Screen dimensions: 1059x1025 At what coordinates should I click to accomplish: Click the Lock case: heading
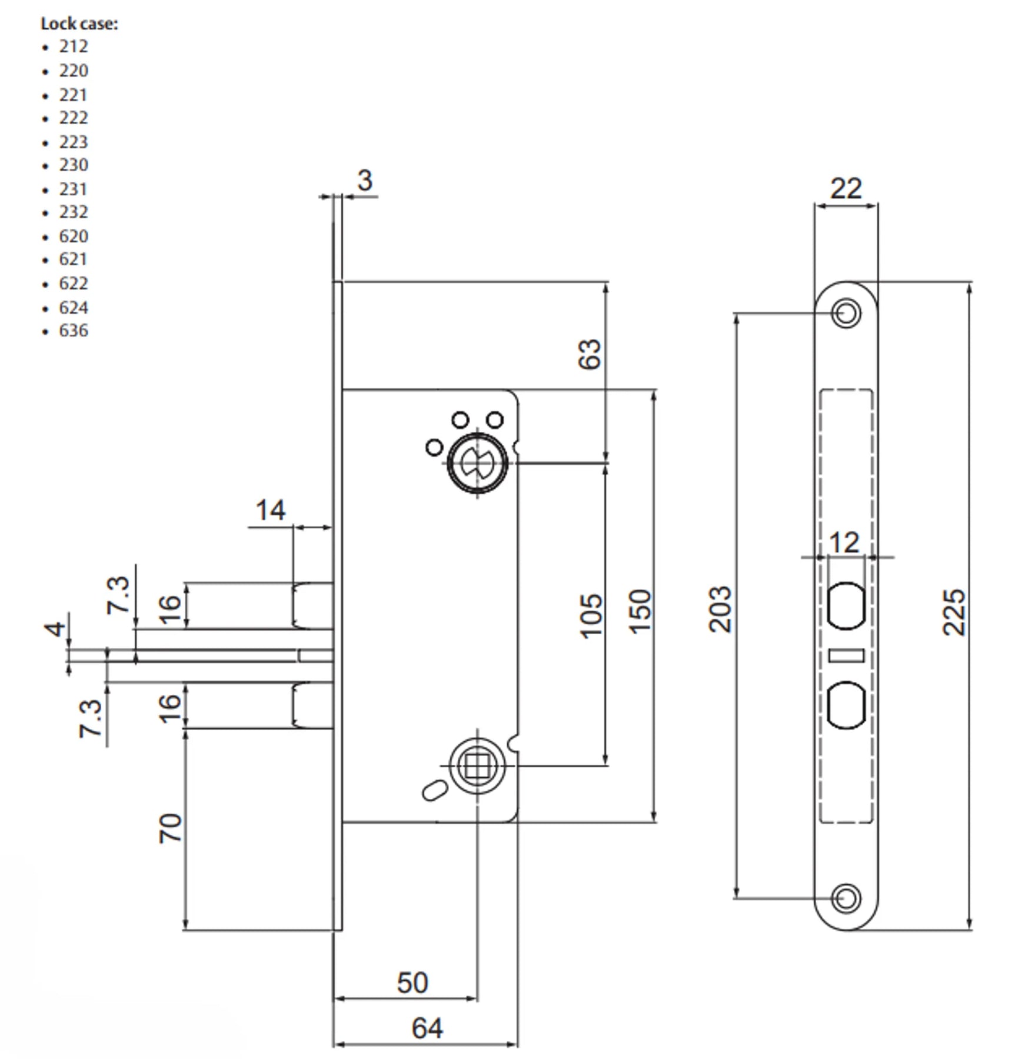[x=79, y=24]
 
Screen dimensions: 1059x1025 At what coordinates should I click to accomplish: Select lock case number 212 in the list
[x=73, y=46]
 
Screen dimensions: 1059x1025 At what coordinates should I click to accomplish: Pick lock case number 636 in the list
[x=73, y=331]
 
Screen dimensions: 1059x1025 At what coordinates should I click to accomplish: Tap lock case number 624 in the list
[x=73, y=308]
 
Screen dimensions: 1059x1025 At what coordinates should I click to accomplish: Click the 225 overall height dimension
[x=954, y=612]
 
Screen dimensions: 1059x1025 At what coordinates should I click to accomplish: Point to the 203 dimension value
[x=720, y=610]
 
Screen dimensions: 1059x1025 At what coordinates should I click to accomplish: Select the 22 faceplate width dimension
[x=846, y=189]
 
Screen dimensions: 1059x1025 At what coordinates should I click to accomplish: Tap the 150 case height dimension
[x=640, y=612]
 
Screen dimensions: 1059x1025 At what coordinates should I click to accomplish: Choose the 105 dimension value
[x=591, y=615]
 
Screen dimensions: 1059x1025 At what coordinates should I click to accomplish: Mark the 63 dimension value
[x=590, y=354]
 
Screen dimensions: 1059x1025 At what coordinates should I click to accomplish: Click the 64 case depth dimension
[x=427, y=1028]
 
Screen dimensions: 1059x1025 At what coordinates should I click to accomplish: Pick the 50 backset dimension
[x=412, y=983]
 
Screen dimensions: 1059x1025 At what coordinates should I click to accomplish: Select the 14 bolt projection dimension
[x=270, y=510]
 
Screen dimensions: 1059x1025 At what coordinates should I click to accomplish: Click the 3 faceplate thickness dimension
[x=365, y=181]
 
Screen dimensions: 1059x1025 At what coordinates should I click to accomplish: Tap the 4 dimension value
[x=56, y=628]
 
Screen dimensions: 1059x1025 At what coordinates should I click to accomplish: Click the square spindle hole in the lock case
[x=477, y=765]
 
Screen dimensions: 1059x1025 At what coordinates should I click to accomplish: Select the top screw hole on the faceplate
[x=846, y=312]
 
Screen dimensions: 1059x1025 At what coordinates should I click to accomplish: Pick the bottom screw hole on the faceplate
[x=846, y=898]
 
